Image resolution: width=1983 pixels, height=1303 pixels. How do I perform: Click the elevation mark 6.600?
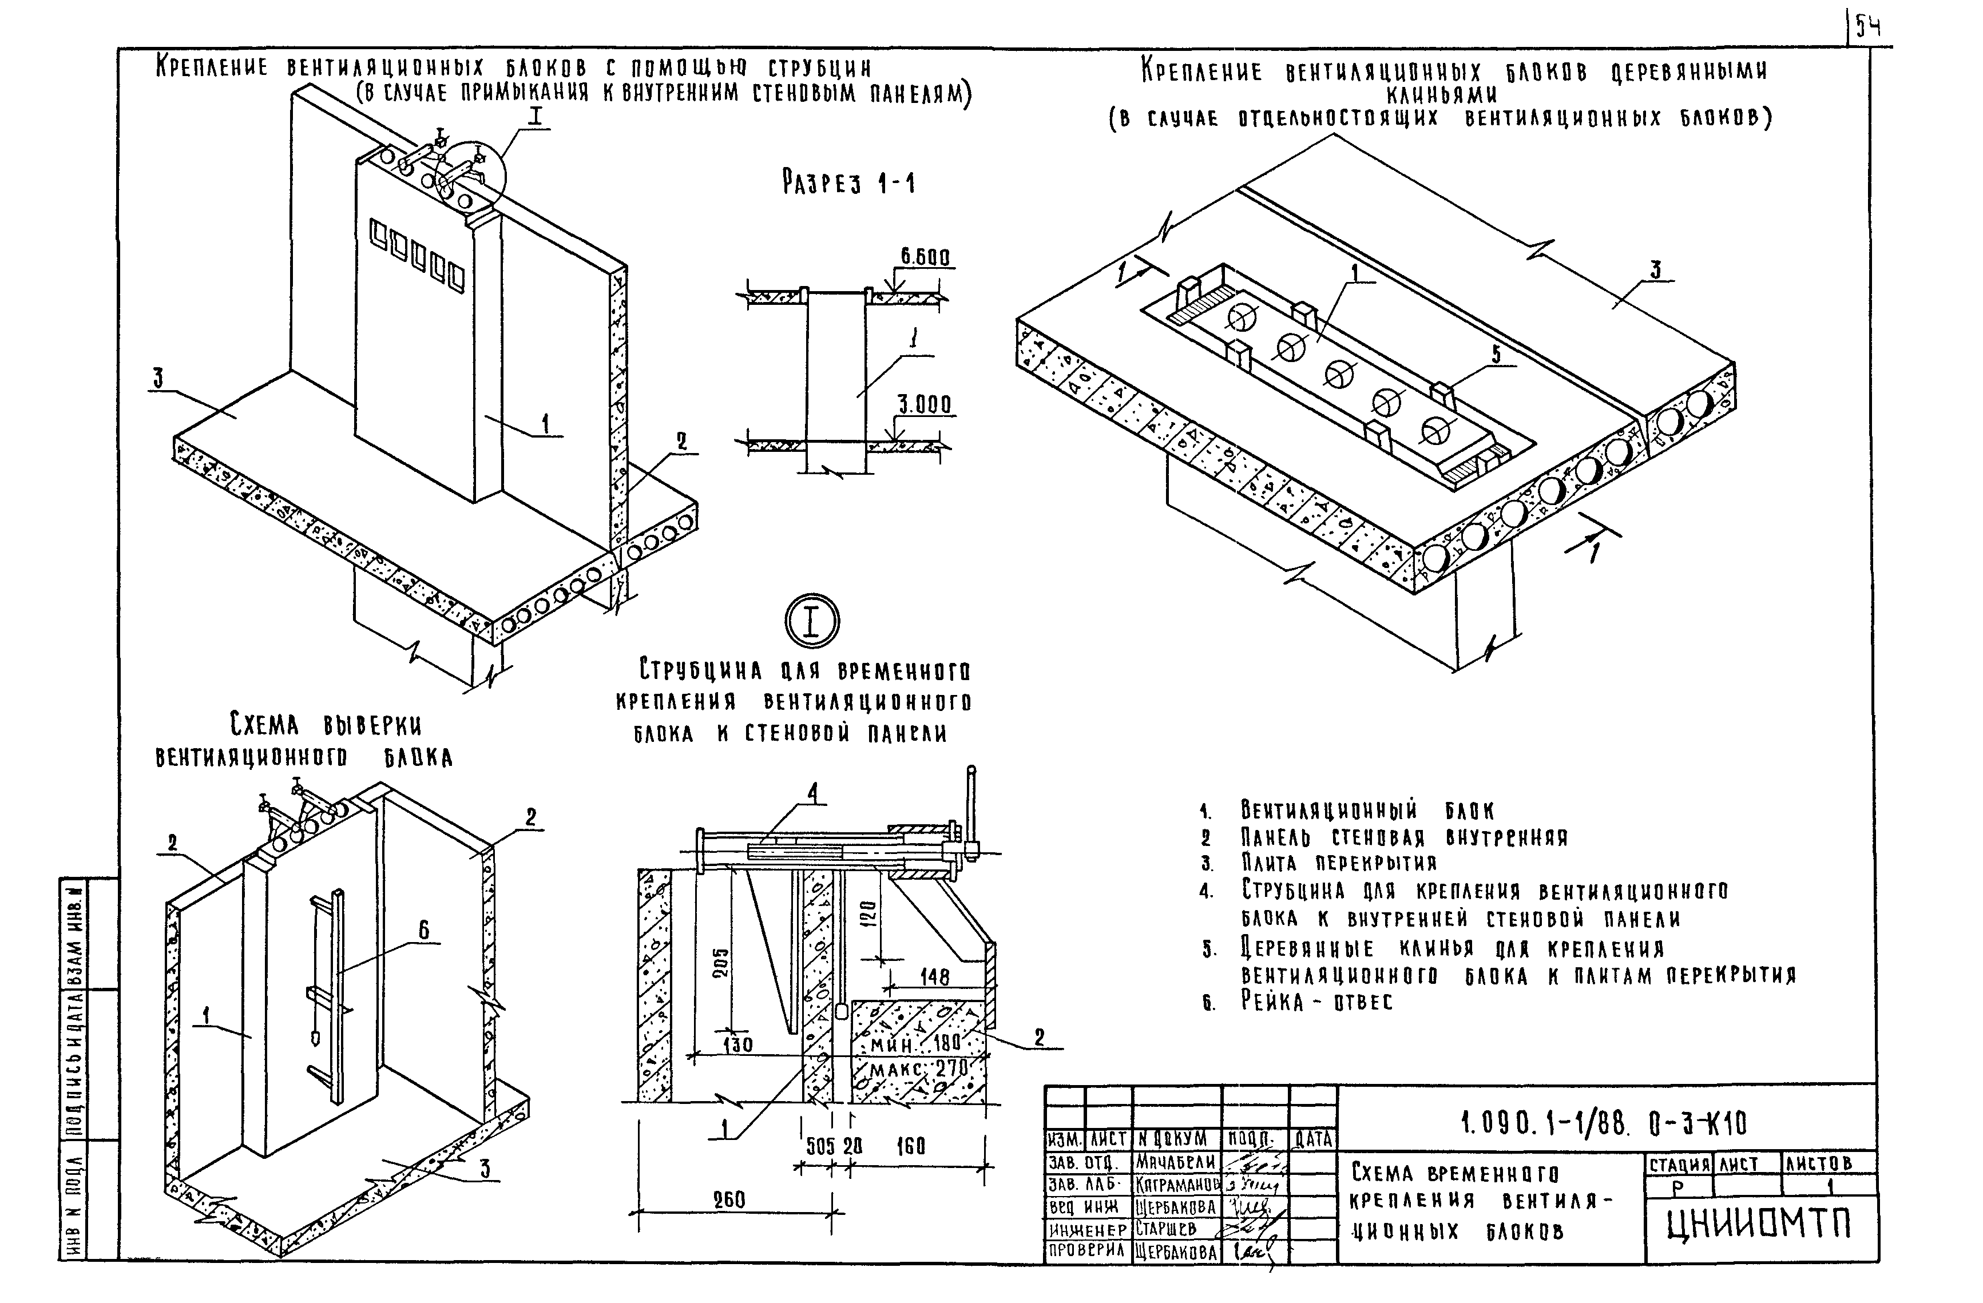924,257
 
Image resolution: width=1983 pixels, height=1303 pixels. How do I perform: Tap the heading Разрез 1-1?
848,182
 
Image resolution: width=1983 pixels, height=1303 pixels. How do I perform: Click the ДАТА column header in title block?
1312,1139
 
